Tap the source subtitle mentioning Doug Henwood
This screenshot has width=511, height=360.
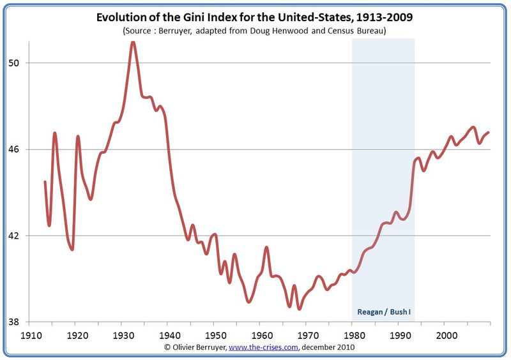click(255, 30)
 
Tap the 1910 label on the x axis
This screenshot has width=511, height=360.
click(29, 334)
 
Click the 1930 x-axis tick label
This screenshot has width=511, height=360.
click(121, 334)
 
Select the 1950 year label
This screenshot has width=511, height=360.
click(214, 334)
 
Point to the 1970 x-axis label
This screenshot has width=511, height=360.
click(307, 334)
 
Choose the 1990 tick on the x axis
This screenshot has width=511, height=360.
click(399, 334)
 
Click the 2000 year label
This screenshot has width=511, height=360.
click(445, 334)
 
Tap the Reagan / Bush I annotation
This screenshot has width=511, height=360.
click(383, 313)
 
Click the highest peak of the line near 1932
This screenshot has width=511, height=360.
click(132, 42)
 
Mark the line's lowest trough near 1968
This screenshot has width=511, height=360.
click(299, 309)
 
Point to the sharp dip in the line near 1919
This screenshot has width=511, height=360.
click(72, 249)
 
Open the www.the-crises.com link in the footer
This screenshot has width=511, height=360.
click(263, 347)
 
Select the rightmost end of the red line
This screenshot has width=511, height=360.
click(489, 132)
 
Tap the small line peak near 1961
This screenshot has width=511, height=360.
click(266, 247)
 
